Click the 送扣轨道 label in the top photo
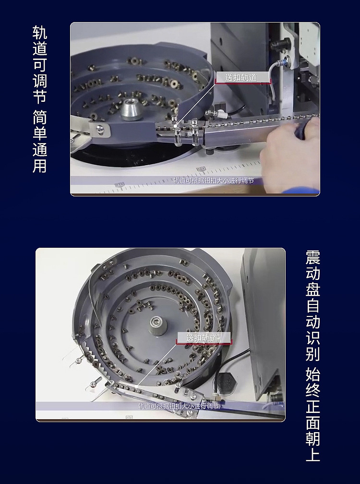click(241, 77)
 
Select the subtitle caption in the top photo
click(213, 181)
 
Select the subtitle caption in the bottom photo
click(179, 406)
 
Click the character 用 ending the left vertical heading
click(40, 165)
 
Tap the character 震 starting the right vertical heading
click(313, 257)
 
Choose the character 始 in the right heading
click(313, 375)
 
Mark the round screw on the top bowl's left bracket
click(99, 129)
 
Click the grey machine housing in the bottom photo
click(262, 312)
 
